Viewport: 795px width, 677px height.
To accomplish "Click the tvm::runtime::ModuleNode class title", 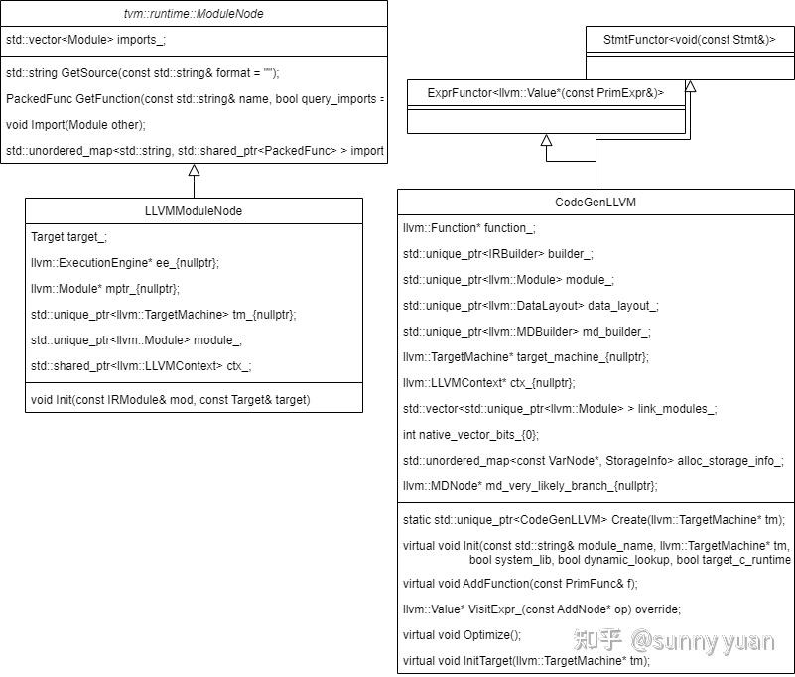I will pos(193,14).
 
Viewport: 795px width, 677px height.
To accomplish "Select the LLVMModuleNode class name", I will pos(193,210).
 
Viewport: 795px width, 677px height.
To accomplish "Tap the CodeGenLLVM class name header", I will pos(596,202).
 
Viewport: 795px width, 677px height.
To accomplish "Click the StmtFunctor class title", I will pos(690,39).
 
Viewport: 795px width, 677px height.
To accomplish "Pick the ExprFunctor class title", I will pos(546,92).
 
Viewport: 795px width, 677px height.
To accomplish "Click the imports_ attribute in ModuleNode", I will pos(86,41).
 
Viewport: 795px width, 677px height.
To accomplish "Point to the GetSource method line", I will pos(143,73).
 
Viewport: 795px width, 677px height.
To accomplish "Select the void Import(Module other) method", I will pos(75,124).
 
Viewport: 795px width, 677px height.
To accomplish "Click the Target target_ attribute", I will pos(68,237).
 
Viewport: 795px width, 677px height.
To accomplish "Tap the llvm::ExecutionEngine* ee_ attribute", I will pos(125,263).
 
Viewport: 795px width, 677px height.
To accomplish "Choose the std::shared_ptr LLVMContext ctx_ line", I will pos(141,365).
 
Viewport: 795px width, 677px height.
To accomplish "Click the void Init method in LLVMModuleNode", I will pos(170,399).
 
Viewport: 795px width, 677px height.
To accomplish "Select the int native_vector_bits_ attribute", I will pos(470,435).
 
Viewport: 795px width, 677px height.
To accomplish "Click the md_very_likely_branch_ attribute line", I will pos(530,486).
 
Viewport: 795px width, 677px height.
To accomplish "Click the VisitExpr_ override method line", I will pos(542,609).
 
